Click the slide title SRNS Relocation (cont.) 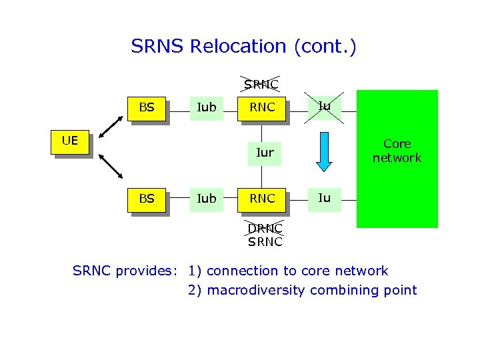coord(243,47)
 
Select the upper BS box coord(147,107)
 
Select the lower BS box coord(147,198)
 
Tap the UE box coord(70,141)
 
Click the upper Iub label coord(207,107)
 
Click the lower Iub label coord(207,199)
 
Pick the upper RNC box coord(262,107)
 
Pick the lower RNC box coord(262,199)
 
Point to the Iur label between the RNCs coord(265,153)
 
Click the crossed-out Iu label coord(324,105)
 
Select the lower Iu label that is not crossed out coord(324,197)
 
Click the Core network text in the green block coord(397,151)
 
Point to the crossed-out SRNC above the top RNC coord(261,84)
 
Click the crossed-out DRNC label coord(265,228)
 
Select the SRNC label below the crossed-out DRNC coord(265,242)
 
